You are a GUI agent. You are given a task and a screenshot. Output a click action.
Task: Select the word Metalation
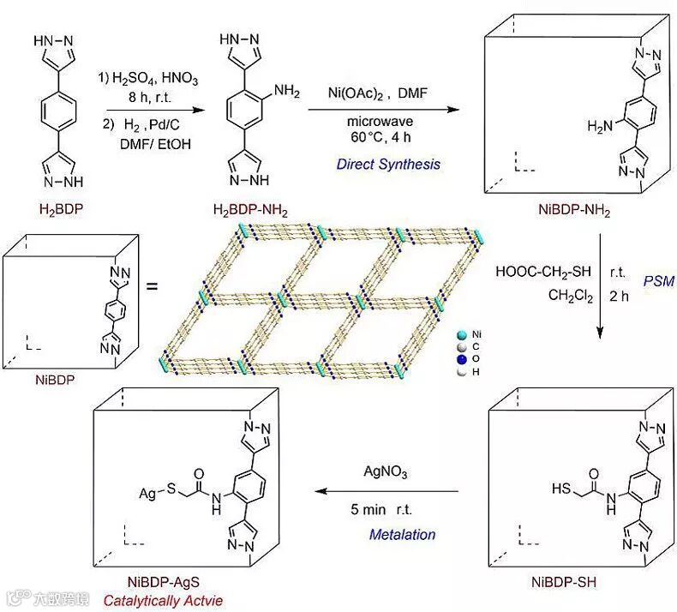tap(402, 534)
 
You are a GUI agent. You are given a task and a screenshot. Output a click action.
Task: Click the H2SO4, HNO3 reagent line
tap(151, 79)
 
